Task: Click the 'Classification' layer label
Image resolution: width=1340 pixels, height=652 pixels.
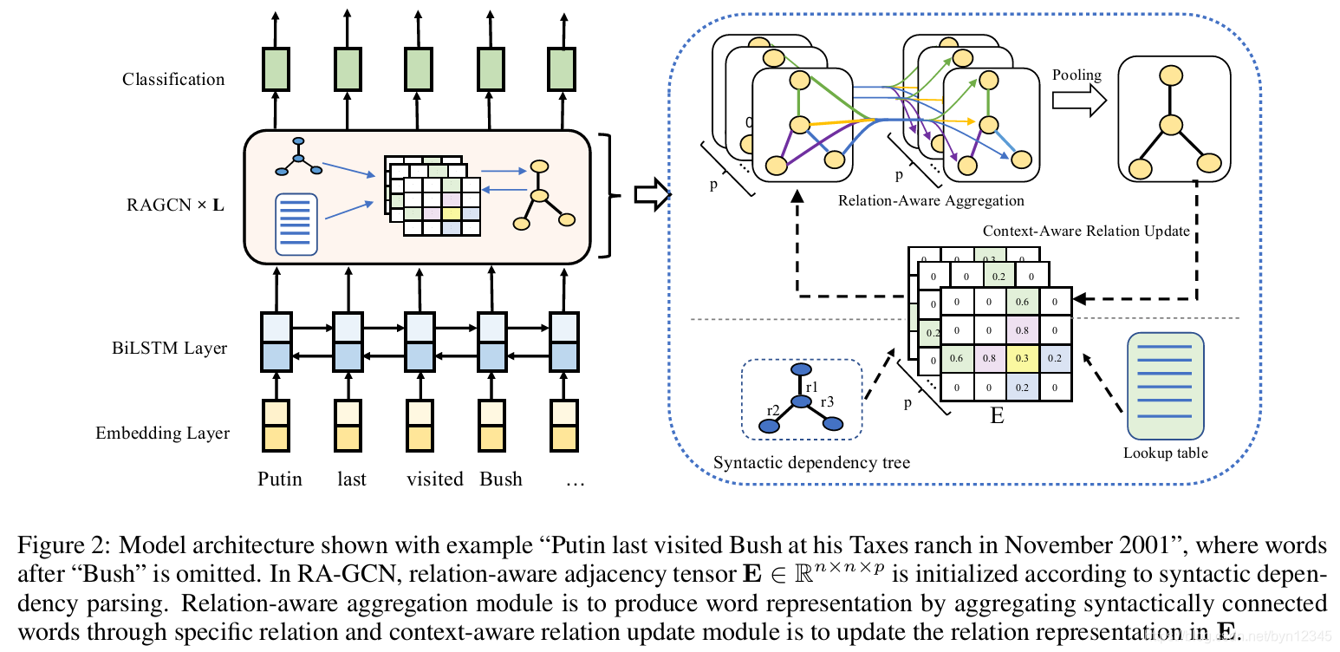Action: point(172,80)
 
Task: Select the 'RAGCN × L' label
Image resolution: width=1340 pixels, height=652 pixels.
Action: point(174,206)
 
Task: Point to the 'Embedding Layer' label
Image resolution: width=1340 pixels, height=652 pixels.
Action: point(163,433)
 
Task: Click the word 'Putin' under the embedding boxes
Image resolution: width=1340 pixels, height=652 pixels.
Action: point(280,479)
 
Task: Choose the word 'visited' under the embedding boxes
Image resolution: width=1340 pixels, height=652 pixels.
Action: point(435,479)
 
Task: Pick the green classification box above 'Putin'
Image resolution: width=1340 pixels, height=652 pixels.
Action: point(276,69)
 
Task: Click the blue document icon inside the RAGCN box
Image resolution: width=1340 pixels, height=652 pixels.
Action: point(296,225)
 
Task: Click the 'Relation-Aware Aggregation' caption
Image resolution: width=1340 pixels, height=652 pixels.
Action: point(931,201)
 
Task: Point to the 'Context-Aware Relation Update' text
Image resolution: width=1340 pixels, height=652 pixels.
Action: point(1086,231)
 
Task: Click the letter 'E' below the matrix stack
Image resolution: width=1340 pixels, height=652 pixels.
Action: point(997,416)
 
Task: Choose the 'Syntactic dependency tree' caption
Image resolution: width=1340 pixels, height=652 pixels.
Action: point(811,463)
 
